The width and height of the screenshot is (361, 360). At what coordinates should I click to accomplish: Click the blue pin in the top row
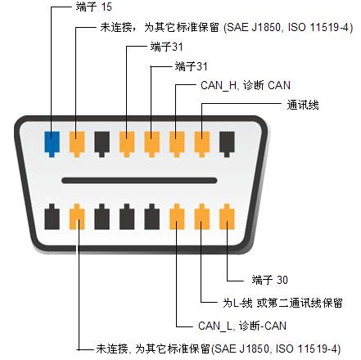[52, 144]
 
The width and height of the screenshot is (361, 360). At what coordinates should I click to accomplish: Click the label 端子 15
[93, 7]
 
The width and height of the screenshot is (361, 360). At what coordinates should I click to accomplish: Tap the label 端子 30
[269, 280]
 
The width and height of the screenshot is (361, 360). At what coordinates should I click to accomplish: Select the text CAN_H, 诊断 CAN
[246, 85]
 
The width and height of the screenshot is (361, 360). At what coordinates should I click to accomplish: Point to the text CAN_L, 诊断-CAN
[242, 326]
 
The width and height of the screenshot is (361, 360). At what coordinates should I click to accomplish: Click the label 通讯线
[303, 105]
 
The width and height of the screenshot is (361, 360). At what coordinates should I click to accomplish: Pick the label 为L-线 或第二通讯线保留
[282, 303]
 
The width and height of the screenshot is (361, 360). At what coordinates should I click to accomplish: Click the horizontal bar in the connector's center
[139, 180]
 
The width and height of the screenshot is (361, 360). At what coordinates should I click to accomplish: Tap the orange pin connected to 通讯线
[202, 144]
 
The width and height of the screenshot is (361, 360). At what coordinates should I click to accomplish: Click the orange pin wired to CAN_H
[177, 144]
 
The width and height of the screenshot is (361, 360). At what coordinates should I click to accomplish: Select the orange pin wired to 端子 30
[227, 217]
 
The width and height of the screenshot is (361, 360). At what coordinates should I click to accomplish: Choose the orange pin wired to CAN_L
[177, 217]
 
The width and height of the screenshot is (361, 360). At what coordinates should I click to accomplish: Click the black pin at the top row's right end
[227, 144]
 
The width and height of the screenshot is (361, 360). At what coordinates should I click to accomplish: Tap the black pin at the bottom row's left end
[52, 217]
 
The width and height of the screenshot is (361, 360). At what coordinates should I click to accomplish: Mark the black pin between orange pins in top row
[102, 144]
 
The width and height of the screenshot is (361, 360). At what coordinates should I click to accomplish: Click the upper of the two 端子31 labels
[166, 47]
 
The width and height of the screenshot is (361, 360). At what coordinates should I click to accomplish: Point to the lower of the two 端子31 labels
[191, 66]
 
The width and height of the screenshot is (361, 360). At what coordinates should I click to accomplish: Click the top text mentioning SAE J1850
[227, 27]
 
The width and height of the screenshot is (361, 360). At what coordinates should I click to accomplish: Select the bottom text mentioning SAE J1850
[219, 349]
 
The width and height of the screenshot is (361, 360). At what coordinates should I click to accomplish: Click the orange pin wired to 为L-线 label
[202, 217]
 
